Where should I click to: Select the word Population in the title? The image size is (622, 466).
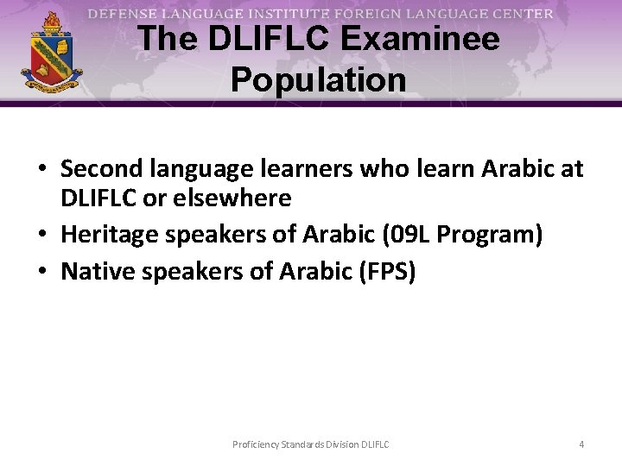point(319,79)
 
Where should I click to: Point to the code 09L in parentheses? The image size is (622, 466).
point(405,234)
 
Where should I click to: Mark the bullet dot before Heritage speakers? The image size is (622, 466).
point(44,235)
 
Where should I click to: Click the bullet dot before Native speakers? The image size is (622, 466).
point(44,272)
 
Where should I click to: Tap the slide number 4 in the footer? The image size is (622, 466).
point(581,444)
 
